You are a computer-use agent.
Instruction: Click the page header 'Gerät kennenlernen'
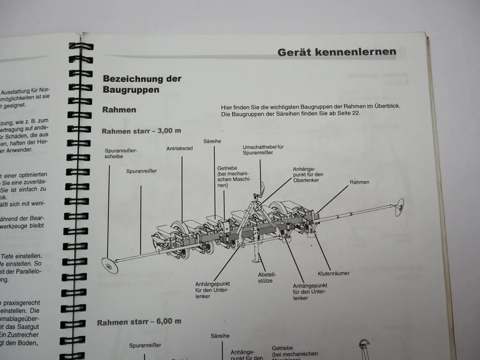337,52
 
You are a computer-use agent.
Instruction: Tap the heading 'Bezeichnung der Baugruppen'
142,84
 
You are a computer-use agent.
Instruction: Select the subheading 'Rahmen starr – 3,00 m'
141,131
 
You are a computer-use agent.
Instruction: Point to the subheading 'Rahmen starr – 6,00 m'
139,322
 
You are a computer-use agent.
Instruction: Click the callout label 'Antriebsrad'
180,148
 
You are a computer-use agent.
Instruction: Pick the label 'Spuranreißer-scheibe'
120,154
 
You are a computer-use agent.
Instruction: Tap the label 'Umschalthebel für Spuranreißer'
263,150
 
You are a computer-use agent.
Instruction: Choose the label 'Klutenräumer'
333,274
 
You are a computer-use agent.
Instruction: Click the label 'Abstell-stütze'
267,278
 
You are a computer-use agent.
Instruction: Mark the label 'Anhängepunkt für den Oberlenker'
308,175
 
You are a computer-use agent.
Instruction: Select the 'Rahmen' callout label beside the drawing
359,182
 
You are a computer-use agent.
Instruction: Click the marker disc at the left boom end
110,265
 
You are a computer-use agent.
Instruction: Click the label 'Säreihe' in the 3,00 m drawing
212,141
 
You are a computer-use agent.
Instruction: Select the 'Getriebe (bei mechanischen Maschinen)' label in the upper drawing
234,177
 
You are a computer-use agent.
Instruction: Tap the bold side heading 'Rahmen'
119,110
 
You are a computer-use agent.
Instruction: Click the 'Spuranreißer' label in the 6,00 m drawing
145,346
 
